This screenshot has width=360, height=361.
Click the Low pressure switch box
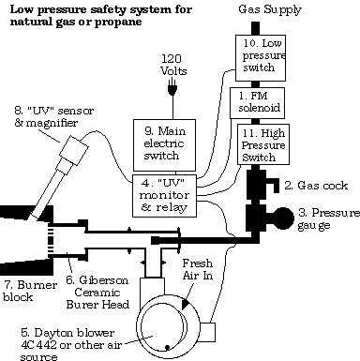(x=260, y=58)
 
